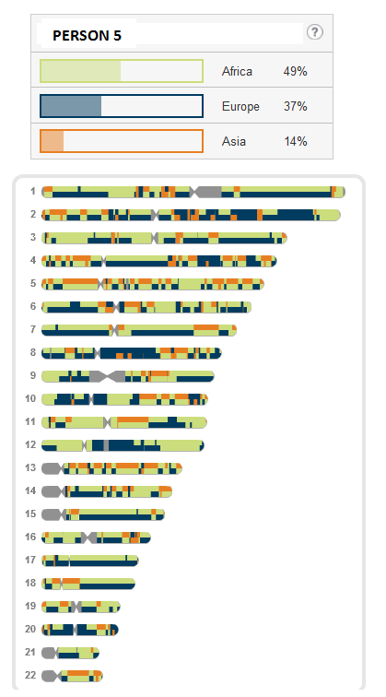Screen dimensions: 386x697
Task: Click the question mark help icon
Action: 315,32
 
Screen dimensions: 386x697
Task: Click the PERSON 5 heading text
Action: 88,36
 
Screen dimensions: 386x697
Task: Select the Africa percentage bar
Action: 122,71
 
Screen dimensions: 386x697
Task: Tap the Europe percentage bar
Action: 122,106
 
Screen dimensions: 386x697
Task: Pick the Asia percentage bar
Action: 122,141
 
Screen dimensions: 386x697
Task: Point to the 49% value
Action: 296,72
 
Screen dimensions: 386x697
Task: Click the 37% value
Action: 296,107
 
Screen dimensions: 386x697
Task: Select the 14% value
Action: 296,141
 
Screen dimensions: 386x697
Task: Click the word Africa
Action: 237,72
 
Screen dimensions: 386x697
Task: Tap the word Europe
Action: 240,107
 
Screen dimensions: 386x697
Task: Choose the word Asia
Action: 234,141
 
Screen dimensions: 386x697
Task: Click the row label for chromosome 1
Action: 33,192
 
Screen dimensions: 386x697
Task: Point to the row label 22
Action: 30,675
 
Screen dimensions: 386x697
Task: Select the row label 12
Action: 30,444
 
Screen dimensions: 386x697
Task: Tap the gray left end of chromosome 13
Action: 52,468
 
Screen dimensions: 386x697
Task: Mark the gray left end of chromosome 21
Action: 50,653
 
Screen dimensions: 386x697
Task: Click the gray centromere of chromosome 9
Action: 107,376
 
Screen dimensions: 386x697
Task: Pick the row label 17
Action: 30,561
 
